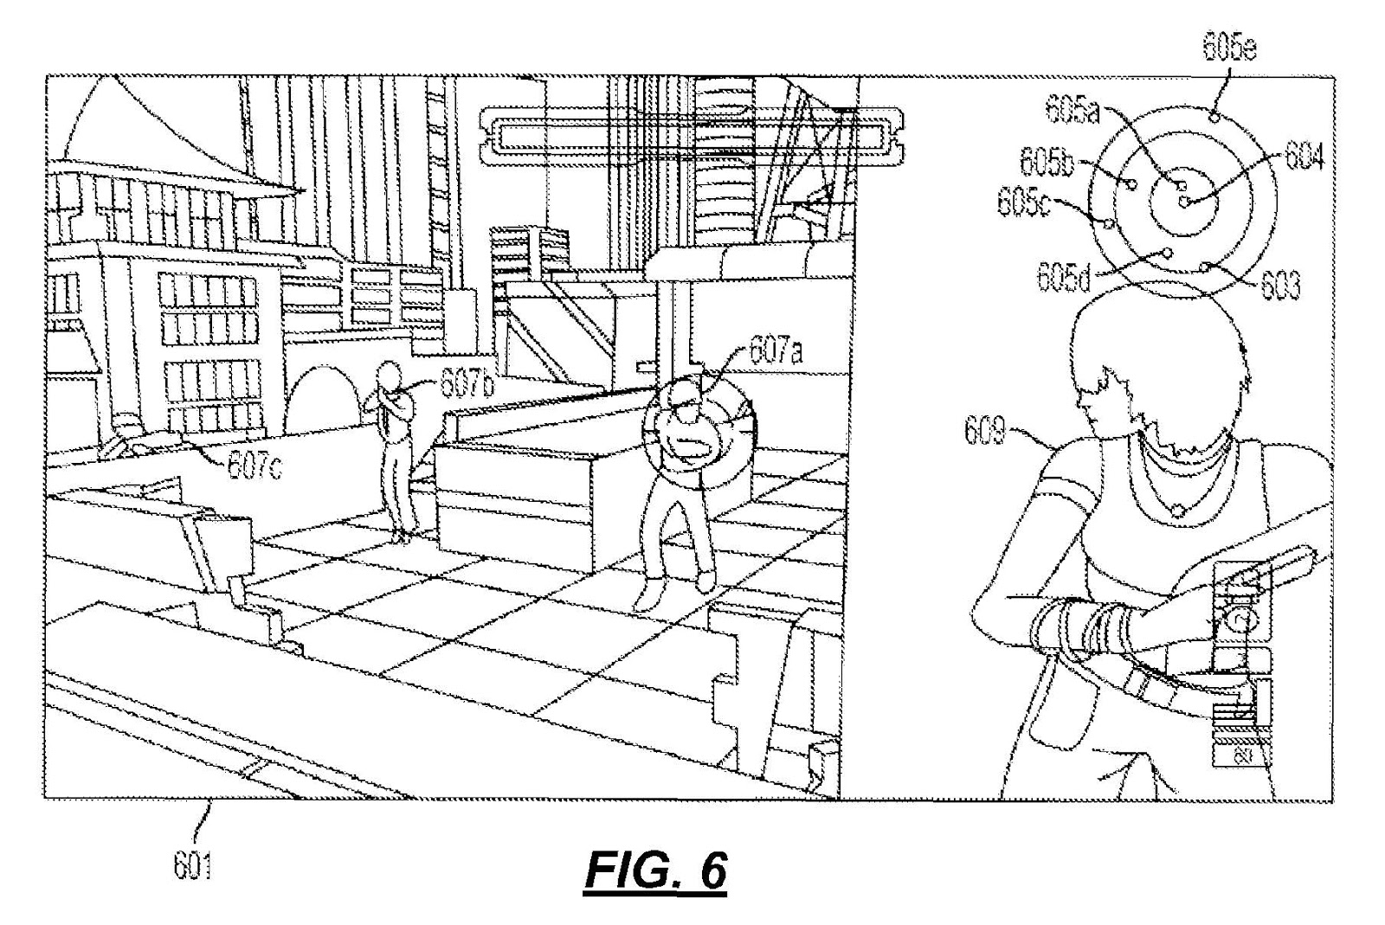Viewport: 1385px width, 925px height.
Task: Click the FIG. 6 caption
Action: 655,870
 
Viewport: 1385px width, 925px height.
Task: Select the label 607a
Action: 776,351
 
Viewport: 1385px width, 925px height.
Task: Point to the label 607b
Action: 467,382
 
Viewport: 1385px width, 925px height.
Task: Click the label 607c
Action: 254,466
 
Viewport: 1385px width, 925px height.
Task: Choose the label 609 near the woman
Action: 985,430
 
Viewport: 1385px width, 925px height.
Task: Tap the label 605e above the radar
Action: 1229,48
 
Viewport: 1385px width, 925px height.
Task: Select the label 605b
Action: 1046,161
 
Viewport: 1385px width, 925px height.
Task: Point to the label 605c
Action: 1023,202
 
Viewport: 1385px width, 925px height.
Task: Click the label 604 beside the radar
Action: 1304,157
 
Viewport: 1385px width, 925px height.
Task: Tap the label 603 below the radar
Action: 1280,284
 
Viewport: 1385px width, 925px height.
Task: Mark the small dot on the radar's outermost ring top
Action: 1214,116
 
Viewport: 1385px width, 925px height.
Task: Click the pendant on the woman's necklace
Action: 1177,511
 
